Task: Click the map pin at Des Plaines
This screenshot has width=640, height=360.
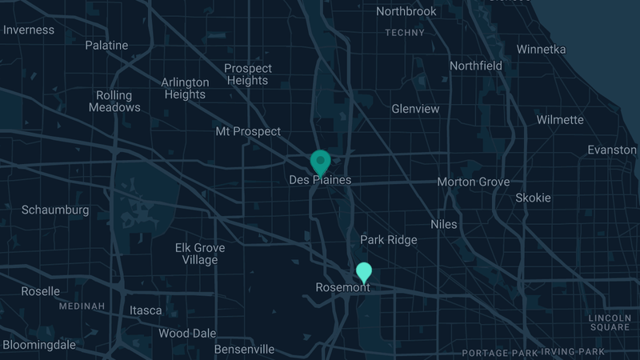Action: [321, 162]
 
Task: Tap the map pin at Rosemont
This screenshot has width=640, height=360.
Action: [364, 273]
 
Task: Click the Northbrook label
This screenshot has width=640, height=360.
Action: [406, 11]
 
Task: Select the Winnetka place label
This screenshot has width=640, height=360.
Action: [541, 50]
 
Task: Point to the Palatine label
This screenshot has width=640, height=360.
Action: [106, 46]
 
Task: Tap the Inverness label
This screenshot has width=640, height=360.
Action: [29, 30]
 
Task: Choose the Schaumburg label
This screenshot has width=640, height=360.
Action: [55, 210]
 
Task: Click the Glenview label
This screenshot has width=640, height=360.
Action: [415, 109]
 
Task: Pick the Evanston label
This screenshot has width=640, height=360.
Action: [612, 150]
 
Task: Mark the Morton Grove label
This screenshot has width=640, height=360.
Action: [473, 182]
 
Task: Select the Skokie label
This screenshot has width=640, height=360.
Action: [533, 198]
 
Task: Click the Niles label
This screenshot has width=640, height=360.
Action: [444, 225]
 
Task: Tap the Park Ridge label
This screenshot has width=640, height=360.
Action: [389, 240]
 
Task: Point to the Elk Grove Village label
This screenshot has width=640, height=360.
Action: [199, 254]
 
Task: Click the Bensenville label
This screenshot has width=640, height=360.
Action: [244, 350]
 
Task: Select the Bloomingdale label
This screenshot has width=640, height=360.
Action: [39, 345]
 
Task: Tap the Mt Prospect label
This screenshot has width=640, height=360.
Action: [248, 131]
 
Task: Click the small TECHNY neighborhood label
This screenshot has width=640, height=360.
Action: [404, 33]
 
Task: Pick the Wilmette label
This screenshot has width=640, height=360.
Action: [560, 120]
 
